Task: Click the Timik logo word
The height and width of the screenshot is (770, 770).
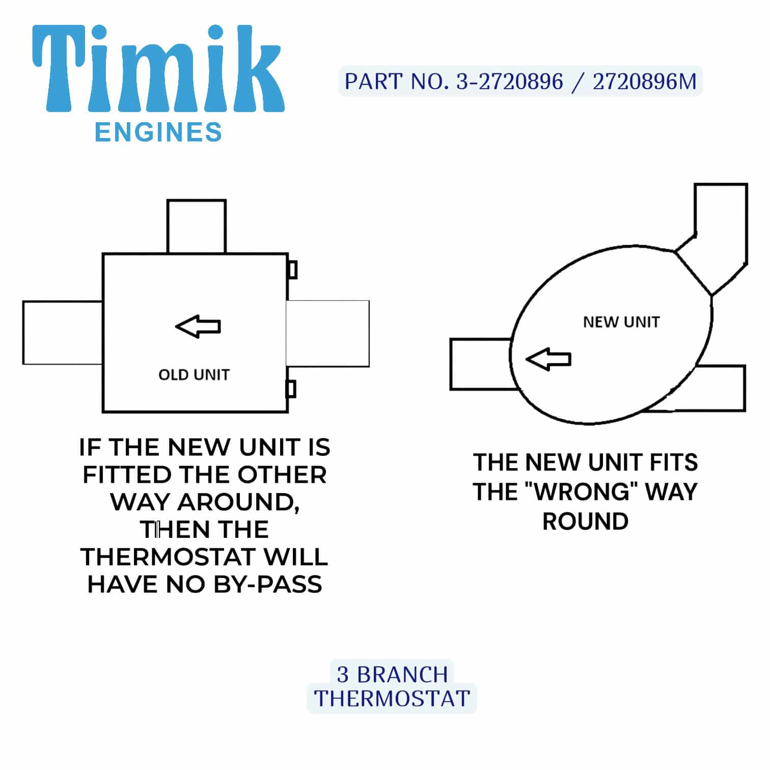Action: (x=158, y=68)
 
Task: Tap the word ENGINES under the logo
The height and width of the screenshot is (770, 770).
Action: (x=158, y=132)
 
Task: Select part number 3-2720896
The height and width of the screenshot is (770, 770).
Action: (x=509, y=81)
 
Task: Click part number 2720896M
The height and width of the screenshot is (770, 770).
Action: (x=644, y=81)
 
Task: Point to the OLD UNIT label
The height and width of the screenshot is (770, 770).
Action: (x=194, y=375)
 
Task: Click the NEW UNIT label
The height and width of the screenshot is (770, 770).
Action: (x=621, y=322)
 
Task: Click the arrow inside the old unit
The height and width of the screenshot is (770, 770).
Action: (x=198, y=326)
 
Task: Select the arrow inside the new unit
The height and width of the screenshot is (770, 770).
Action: (x=548, y=359)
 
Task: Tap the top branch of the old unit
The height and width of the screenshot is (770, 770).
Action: (x=197, y=227)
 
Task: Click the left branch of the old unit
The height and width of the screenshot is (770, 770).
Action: (x=63, y=333)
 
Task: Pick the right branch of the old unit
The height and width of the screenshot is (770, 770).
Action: (x=328, y=334)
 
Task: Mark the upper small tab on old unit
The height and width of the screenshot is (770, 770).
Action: (x=292, y=270)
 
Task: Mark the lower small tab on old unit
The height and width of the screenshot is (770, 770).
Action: (x=291, y=389)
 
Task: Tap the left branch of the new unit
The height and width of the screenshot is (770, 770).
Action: (x=481, y=364)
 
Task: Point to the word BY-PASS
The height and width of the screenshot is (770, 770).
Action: (x=268, y=584)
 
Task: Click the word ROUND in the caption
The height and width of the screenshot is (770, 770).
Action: (x=586, y=521)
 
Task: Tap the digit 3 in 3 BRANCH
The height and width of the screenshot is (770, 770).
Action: (x=343, y=675)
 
